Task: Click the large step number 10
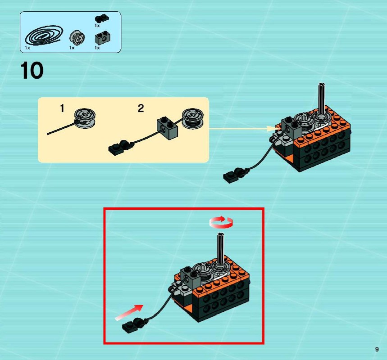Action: pos(32,71)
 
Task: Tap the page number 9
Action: pos(377,349)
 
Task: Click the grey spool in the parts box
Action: pos(77,37)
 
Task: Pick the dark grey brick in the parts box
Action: pos(102,38)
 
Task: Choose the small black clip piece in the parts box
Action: pos(102,18)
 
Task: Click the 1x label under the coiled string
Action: pos(27,48)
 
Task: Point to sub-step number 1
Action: pos(62,108)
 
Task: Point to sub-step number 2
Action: pos(141,108)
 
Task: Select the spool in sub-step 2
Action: pos(193,119)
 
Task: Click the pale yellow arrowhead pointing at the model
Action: pos(273,128)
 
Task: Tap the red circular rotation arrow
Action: pos(221,222)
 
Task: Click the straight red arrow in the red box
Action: pos(129,313)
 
